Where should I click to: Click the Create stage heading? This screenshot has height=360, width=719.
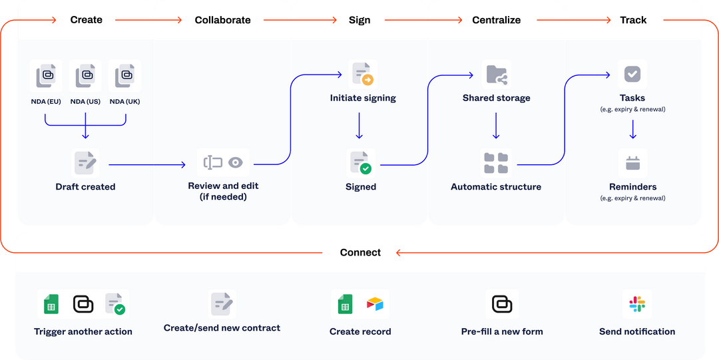click(x=87, y=20)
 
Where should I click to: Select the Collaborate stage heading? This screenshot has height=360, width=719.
click(x=222, y=20)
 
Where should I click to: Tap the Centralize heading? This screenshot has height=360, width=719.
click(x=496, y=20)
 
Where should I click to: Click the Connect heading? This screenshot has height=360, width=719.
click(x=360, y=252)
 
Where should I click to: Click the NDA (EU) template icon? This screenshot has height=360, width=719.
click(x=46, y=77)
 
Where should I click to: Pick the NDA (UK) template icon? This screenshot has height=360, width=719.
click(x=124, y=77)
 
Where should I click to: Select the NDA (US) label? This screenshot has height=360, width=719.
click(x=85, y=101)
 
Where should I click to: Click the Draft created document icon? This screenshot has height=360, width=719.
click(x=86, y=162)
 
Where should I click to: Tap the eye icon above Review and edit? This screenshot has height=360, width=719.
click(x=235, y=162)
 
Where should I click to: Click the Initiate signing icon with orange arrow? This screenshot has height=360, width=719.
click(x=363, y=75)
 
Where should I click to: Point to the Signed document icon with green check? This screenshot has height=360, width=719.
click(x=361, y=163)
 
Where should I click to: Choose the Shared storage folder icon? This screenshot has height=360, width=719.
click(x=496, y=75)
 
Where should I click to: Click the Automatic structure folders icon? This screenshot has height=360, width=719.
click(x=496, y=163)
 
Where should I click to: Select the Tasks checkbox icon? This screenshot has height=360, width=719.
click(x=632, y=74)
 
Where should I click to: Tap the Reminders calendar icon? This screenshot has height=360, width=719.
click(x=632, y=163)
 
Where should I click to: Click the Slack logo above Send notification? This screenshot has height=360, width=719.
click(x=637, y=304)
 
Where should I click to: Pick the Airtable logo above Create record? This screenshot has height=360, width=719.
click(x=375, y=305)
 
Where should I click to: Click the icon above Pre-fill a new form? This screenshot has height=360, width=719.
click(x=502, y=304)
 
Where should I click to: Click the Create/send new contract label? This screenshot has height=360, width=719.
click(x=222, y=327)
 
